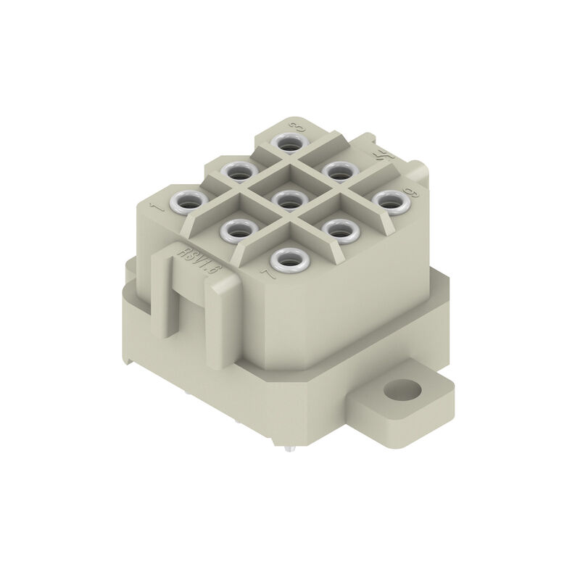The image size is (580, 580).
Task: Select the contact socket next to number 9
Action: [389, 201]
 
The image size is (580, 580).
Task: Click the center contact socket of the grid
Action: [288, 199]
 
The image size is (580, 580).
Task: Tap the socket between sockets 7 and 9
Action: [338, 230]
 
